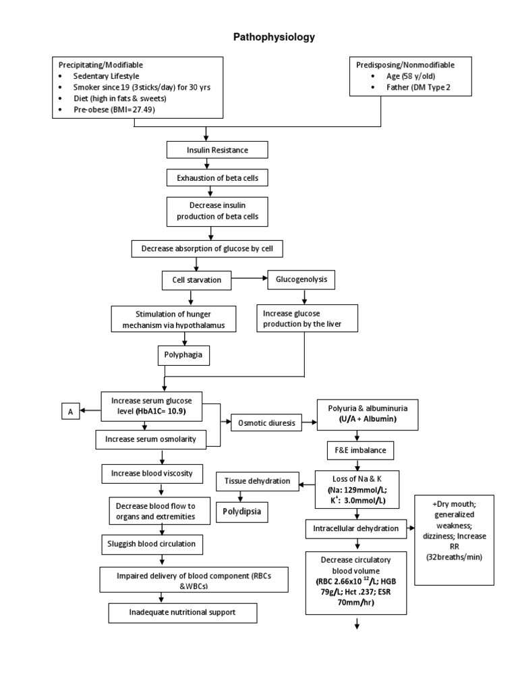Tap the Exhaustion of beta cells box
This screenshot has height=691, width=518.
coord(212,177)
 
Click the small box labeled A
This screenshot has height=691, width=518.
coord(70,410)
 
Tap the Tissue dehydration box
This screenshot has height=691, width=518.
coord(257,481)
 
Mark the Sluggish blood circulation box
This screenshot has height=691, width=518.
coord(155,544)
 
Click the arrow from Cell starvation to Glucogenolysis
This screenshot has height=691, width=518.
coord(250,278)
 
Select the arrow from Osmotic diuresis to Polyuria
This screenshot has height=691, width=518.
coord(309,423)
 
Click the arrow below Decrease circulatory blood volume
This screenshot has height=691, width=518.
coord(355,626)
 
